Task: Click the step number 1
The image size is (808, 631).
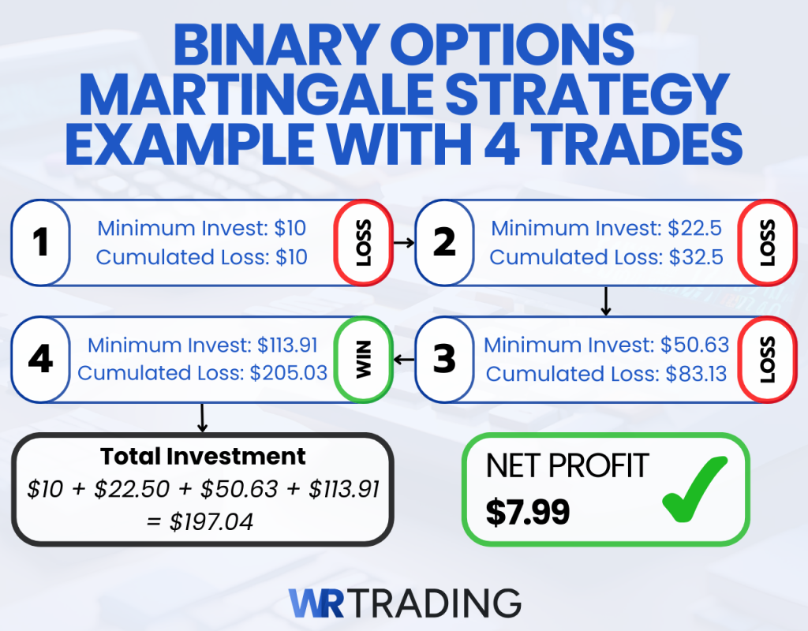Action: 40,243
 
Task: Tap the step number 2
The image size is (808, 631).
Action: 444,243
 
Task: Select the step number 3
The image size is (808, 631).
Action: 444,360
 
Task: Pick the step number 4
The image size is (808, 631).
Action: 40,360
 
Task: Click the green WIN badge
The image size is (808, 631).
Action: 363,359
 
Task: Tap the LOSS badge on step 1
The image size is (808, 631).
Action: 363,243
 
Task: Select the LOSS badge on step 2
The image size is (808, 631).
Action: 767,243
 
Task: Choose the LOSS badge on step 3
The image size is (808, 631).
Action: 767,360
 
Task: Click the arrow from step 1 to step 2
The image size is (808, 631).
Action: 404,243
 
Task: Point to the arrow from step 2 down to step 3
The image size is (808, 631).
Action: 606,301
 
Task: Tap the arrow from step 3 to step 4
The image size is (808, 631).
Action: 404,360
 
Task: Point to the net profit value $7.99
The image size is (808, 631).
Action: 527,513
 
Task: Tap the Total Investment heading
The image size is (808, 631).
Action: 203,457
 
